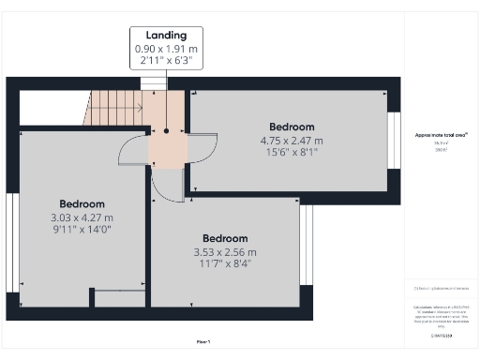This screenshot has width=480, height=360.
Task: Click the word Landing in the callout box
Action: (x=165, y=35)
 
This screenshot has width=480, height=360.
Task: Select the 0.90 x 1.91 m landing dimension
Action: (x=165, y=48)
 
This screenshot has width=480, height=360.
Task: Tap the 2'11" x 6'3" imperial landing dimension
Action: (x=165, y=60)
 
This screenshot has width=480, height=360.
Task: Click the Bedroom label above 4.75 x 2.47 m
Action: (x=292, y=127)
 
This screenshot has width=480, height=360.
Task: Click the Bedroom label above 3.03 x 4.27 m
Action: (x=82, y=203)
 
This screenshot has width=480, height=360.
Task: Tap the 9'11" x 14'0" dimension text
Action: (x=82, y=229)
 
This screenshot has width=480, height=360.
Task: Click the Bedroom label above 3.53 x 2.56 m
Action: (x=225, y=238)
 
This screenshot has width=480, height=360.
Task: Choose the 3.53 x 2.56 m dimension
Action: (x=225, y=251)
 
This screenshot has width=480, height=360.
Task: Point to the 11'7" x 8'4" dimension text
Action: (x=225, y=263)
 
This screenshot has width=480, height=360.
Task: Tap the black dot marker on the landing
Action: (x=166, y=131)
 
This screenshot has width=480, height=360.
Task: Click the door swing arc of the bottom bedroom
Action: (x=166, y=187)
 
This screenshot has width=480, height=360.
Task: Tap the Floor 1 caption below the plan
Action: (x=202, y=341)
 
